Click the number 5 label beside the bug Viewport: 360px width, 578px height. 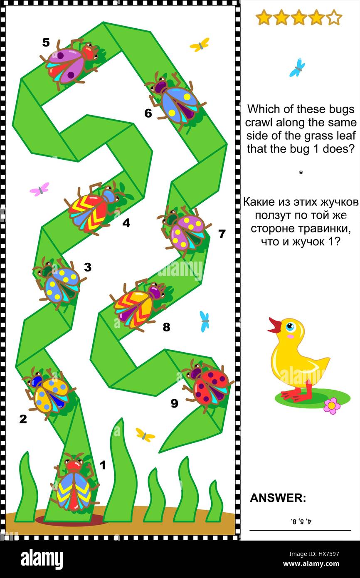coord(46,42)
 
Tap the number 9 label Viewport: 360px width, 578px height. coord(174,403)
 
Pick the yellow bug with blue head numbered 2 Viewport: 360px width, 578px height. coord(49,392)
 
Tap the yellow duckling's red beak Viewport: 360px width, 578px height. coord(274,326)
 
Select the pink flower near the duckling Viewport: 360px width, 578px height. coord(331,405)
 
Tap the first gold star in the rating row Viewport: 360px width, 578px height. coord(264,18)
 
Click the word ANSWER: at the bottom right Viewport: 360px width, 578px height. coord(278,498)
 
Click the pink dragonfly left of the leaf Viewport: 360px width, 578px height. coord(39,189)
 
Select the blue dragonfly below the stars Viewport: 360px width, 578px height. coord(297,67)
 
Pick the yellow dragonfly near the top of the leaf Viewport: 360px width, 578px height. coord(200,44)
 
